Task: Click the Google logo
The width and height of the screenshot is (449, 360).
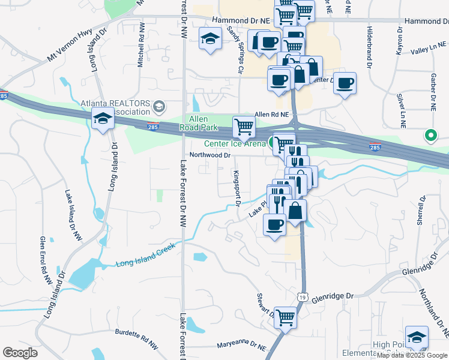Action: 20,353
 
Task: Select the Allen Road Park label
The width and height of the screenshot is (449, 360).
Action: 200,123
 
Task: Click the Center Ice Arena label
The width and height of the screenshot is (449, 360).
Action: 234,143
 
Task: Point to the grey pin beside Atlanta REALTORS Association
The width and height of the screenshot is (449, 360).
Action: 158,107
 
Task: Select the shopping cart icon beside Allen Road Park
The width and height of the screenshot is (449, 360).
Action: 244,126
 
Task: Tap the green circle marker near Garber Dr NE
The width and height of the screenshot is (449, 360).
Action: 430,136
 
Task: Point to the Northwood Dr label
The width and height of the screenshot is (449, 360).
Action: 210,155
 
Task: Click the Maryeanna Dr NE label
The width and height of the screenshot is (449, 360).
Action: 243,346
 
